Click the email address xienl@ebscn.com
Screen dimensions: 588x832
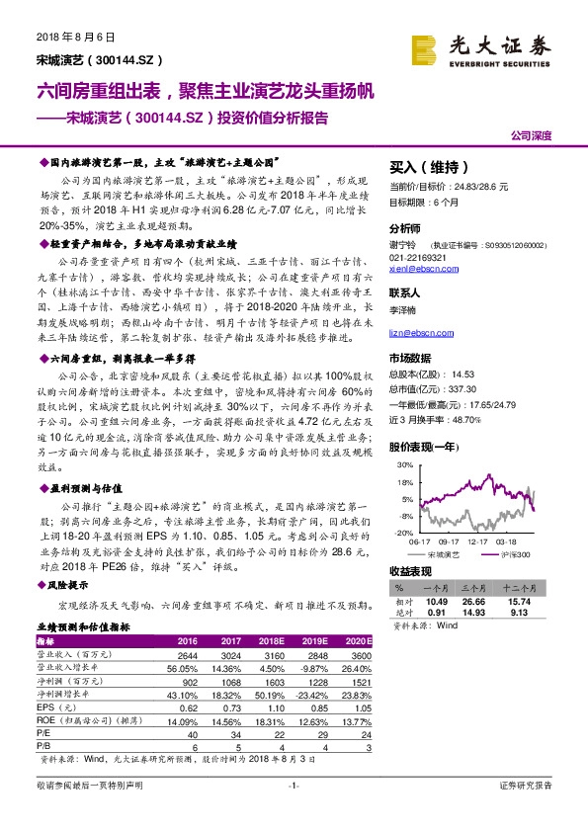416,267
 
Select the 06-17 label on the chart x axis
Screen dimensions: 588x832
419,541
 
